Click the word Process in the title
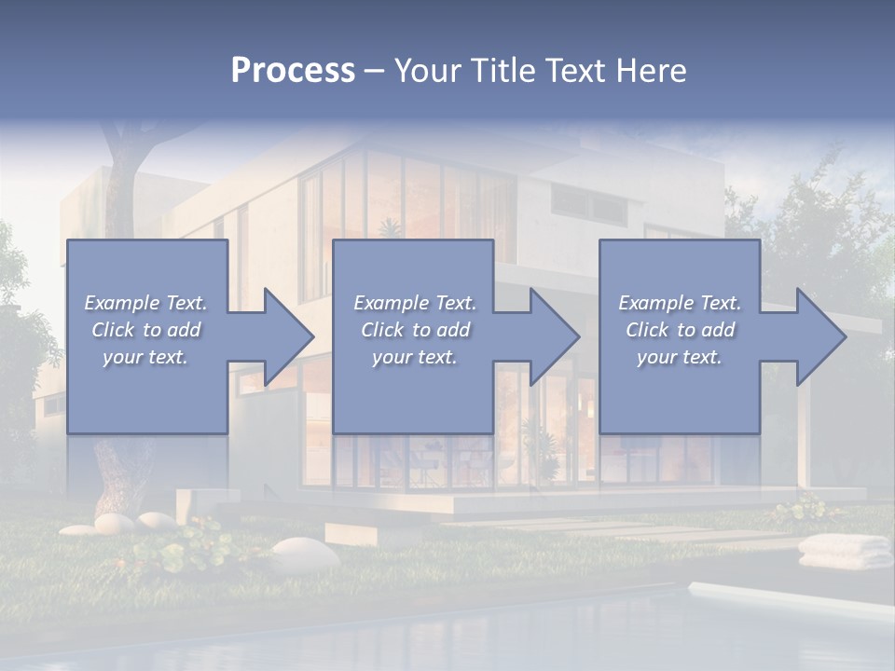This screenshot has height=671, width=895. pos(293,71)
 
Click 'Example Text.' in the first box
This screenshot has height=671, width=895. pos(145,303)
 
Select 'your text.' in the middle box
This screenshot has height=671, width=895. pos(414,357)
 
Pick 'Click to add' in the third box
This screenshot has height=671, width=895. pos(680,330)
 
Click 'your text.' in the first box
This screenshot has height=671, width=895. pos(145,357)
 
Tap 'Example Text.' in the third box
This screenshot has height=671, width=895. pos(680,303)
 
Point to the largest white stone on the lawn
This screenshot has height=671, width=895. pos(305,554)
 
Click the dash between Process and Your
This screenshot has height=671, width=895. pos(374,72)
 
